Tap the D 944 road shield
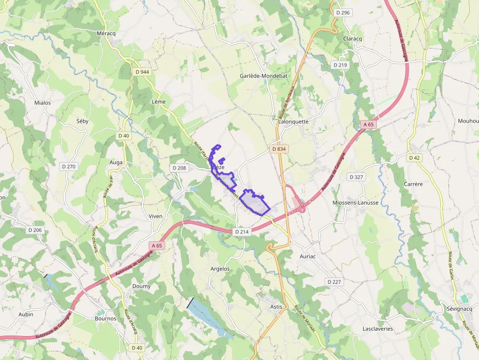point(142,72)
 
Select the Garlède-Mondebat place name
point(263,76)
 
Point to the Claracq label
point(352,39)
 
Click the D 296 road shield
point(343,13)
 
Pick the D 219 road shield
point(340,65)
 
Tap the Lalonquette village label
point(293,122)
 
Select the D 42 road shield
point(414,158)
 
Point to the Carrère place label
point(413,184)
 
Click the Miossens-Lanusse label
point(355,202)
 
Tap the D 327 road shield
point(356,177)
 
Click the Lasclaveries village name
point(377,329)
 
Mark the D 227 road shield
point(334,282)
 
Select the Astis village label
point(276,306)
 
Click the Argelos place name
point(220,269)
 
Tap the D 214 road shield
point(242,232)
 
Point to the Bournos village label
point(106,318)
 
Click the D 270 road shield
point(69,167)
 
